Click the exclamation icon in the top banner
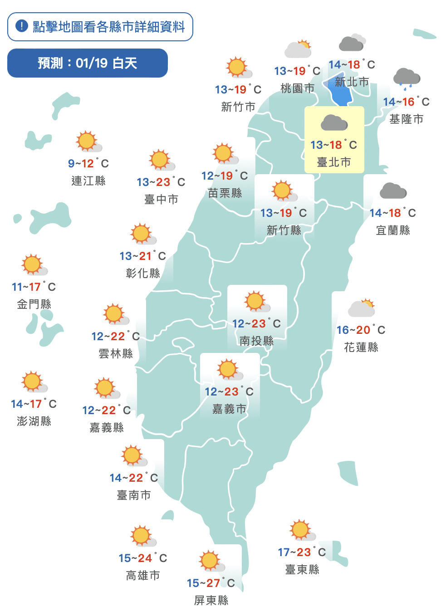(21, 26)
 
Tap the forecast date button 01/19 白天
(88, 63)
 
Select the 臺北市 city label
(334, 162)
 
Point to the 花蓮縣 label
(361, 347)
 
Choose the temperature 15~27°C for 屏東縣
(211, 583)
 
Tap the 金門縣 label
(34, 304)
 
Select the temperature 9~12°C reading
(88, 163)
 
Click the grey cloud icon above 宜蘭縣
(393, 191)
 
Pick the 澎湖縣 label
(34, 421)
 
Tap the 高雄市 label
(143, 576)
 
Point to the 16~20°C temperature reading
(361, 330)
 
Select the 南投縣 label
(257, 341)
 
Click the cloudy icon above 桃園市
(298, 49)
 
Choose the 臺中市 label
(161, 200)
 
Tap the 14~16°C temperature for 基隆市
(406, 102)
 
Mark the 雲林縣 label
(116, 354)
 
